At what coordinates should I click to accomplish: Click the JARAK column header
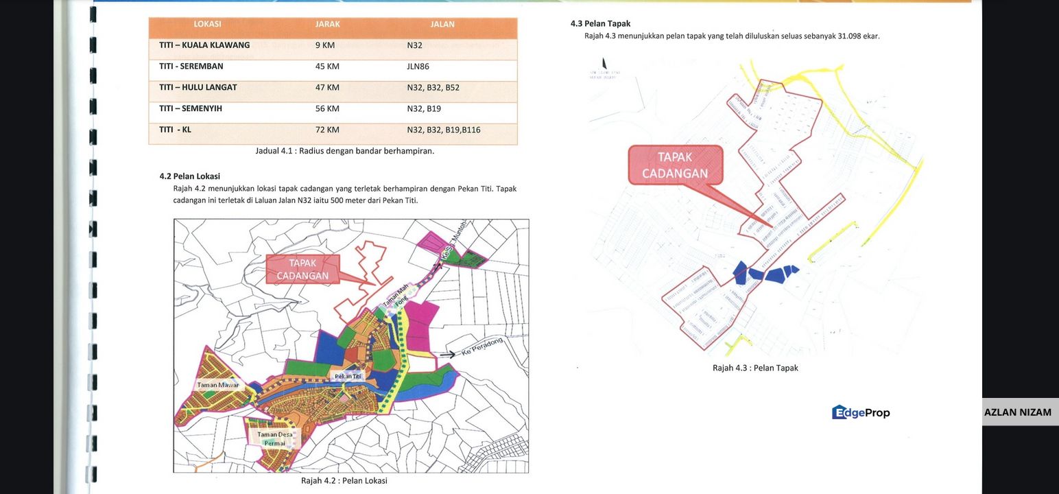[x=327, y=25]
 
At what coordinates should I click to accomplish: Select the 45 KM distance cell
[x=327, y=67]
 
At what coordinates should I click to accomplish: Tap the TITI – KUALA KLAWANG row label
[x=204, y=45]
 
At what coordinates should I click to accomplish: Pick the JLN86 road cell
[x=418, y=67]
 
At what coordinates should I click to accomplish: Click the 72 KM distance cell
[x=327, y=130]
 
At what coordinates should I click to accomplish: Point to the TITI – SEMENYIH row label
[x=191, y=108]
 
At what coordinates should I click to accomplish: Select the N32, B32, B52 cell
[x=433, y=88]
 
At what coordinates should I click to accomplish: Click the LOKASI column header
[x=207, y=25]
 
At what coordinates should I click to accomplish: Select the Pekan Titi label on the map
[x=348, y=376]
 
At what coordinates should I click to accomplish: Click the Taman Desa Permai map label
[x=275, y=438]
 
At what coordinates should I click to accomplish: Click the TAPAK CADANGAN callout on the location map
[x=302, y=270]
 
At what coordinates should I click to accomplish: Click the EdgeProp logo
[x=861, y=412]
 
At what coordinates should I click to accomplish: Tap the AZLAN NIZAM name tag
[x=1017, y=412]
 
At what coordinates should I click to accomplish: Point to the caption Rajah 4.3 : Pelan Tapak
[x=755, y=368]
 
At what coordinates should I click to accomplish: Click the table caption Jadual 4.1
[x=344, y=151]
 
